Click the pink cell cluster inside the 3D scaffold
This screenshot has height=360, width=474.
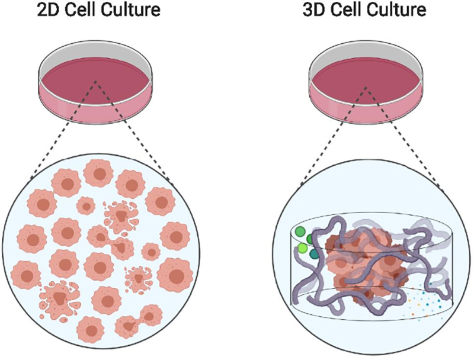(367, 261)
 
